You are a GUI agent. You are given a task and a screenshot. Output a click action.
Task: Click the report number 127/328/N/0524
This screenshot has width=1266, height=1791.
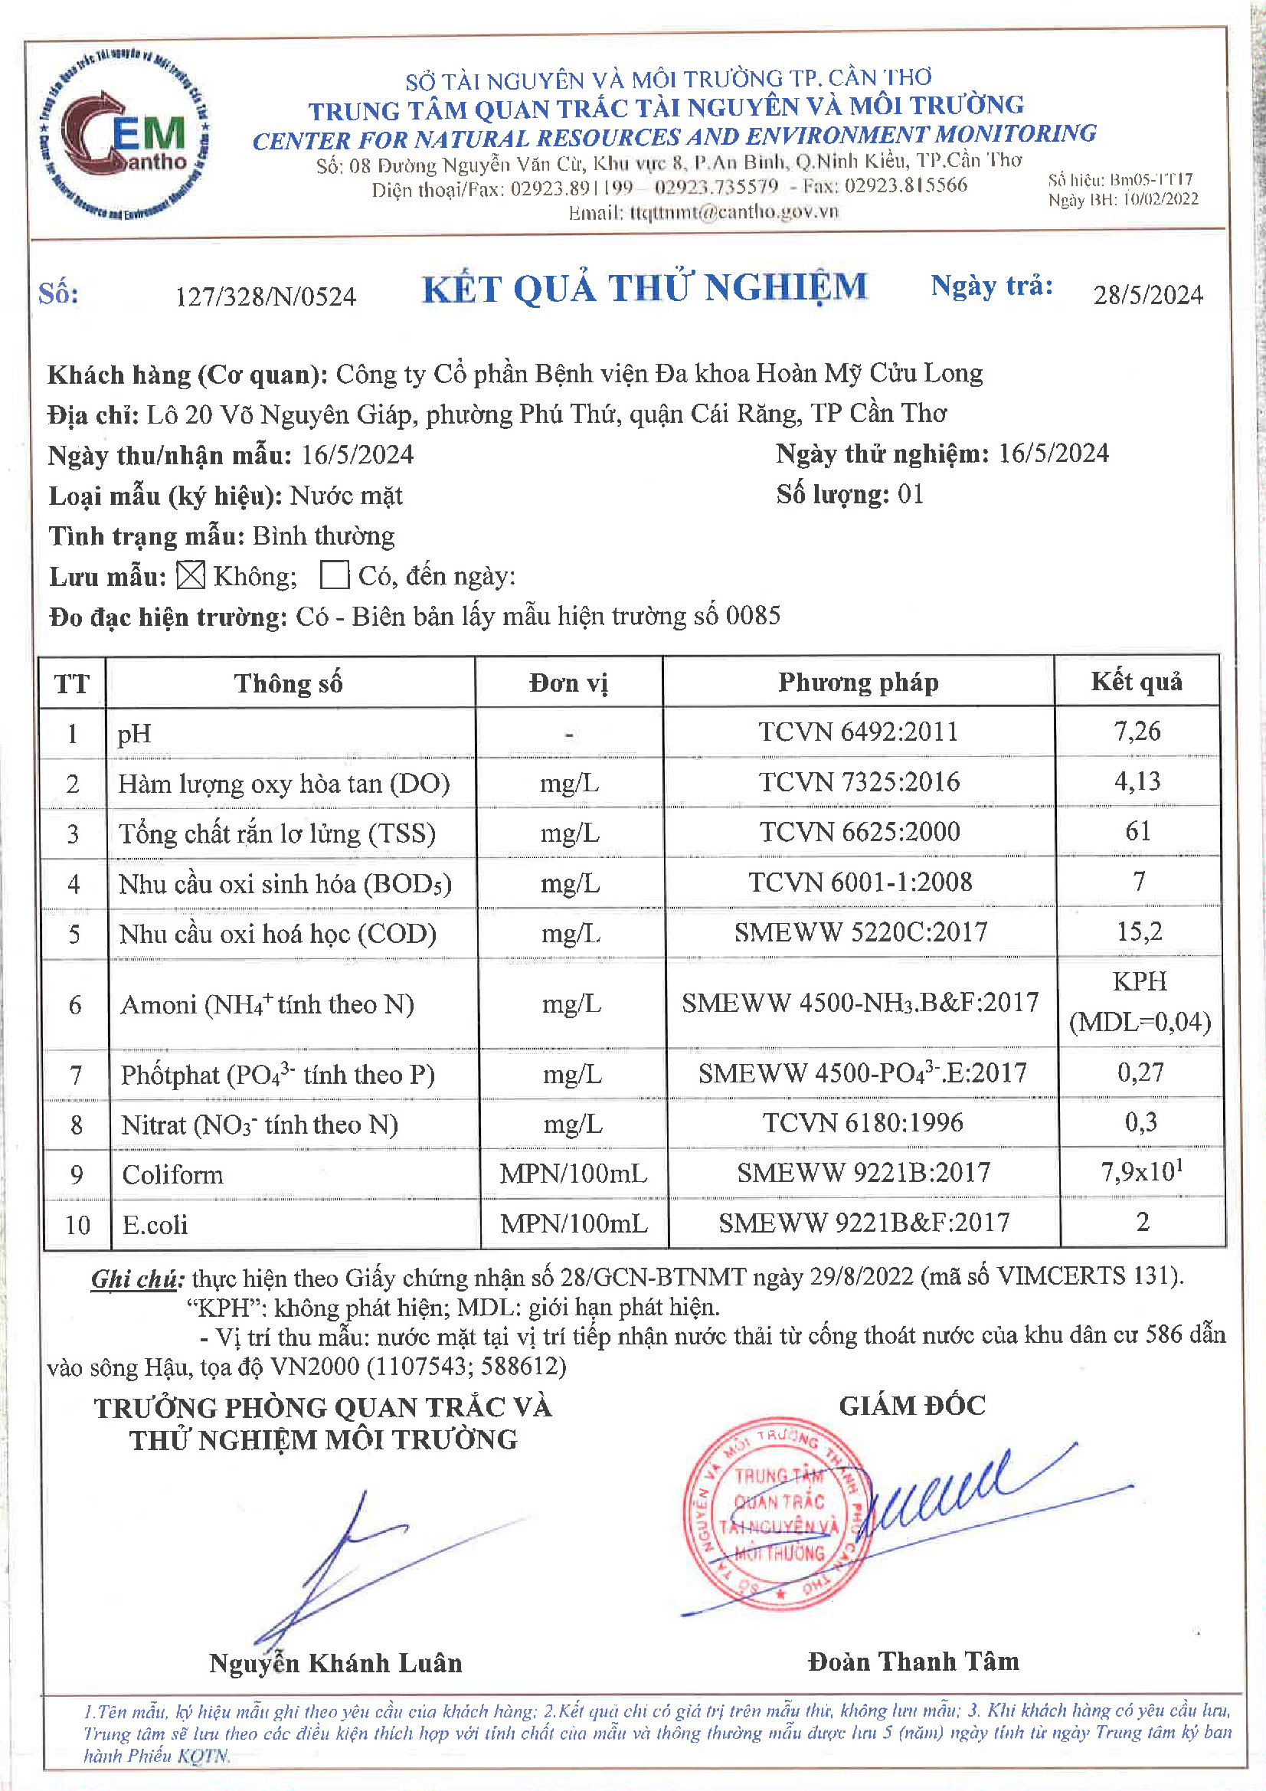click(265, 296)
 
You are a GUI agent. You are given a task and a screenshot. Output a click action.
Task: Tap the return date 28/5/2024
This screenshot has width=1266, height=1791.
click(1147, 295)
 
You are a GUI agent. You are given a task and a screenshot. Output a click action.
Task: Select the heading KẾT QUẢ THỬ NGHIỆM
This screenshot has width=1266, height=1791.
click(644, 288)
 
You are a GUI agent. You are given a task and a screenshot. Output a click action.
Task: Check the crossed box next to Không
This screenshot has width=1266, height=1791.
click(191, 576)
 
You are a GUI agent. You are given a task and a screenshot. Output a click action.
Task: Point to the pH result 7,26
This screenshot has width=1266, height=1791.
click(1137, 731)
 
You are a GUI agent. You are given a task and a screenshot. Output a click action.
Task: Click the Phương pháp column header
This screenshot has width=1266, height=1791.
click(858, 683)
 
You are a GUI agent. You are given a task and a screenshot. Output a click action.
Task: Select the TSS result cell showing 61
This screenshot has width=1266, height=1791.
click(1137, 830)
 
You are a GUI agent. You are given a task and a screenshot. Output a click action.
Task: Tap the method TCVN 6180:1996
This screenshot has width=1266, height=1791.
click(862, 1122)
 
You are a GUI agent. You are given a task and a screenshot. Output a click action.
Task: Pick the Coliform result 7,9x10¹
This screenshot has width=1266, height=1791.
click(1141, 1171)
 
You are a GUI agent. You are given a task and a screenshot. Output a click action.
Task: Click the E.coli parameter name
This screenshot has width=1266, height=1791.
click(155, 1225)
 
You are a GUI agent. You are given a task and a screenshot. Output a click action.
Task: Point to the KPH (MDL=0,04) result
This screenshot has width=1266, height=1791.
click(1140, 1001)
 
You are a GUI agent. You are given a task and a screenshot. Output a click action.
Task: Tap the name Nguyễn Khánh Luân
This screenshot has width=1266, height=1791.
click(335, 1663)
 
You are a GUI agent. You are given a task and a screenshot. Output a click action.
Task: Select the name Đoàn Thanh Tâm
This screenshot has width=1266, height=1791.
click(914, 1662)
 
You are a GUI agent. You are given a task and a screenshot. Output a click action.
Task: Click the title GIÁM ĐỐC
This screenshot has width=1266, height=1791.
click(912, 1406)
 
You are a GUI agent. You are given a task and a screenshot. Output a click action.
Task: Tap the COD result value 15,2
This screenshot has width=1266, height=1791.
click(1139, 931)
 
